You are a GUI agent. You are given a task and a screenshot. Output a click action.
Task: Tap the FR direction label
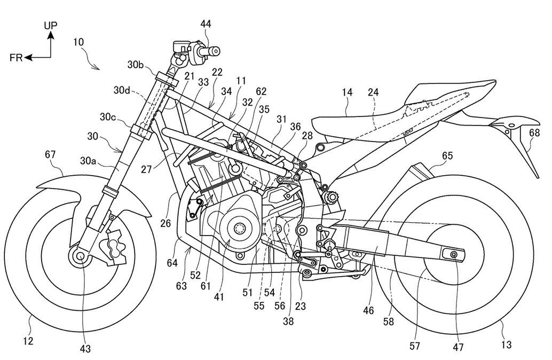[x=17, y=58]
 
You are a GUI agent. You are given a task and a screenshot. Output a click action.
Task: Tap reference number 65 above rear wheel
[x=447, y=156]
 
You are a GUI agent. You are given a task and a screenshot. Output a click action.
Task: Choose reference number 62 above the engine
[x=261, y=91]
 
